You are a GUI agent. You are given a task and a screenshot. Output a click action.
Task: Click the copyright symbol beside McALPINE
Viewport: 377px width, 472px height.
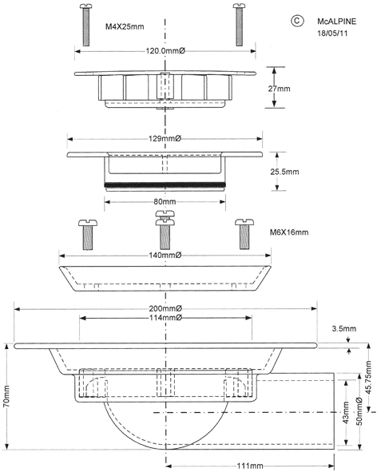tap(297, 21)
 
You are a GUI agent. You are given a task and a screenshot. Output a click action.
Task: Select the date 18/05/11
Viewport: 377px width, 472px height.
tap(332, 33)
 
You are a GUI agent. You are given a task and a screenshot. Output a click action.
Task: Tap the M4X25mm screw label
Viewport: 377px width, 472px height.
tap(125, 26)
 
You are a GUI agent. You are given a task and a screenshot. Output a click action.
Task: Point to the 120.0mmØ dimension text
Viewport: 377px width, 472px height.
tap(165, 51)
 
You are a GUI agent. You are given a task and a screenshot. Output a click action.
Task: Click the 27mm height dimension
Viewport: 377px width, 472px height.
tap(279, 89)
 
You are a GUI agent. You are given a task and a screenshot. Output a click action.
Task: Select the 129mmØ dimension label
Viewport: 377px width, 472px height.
tap(165, 139)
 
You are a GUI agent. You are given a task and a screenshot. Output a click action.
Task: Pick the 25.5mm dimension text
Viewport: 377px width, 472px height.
tap(284, 172)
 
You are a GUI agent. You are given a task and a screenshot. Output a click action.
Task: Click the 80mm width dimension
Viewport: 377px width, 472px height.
tap(165, 202)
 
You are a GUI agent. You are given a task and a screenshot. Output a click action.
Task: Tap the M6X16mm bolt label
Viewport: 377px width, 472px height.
tap(289, 232)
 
